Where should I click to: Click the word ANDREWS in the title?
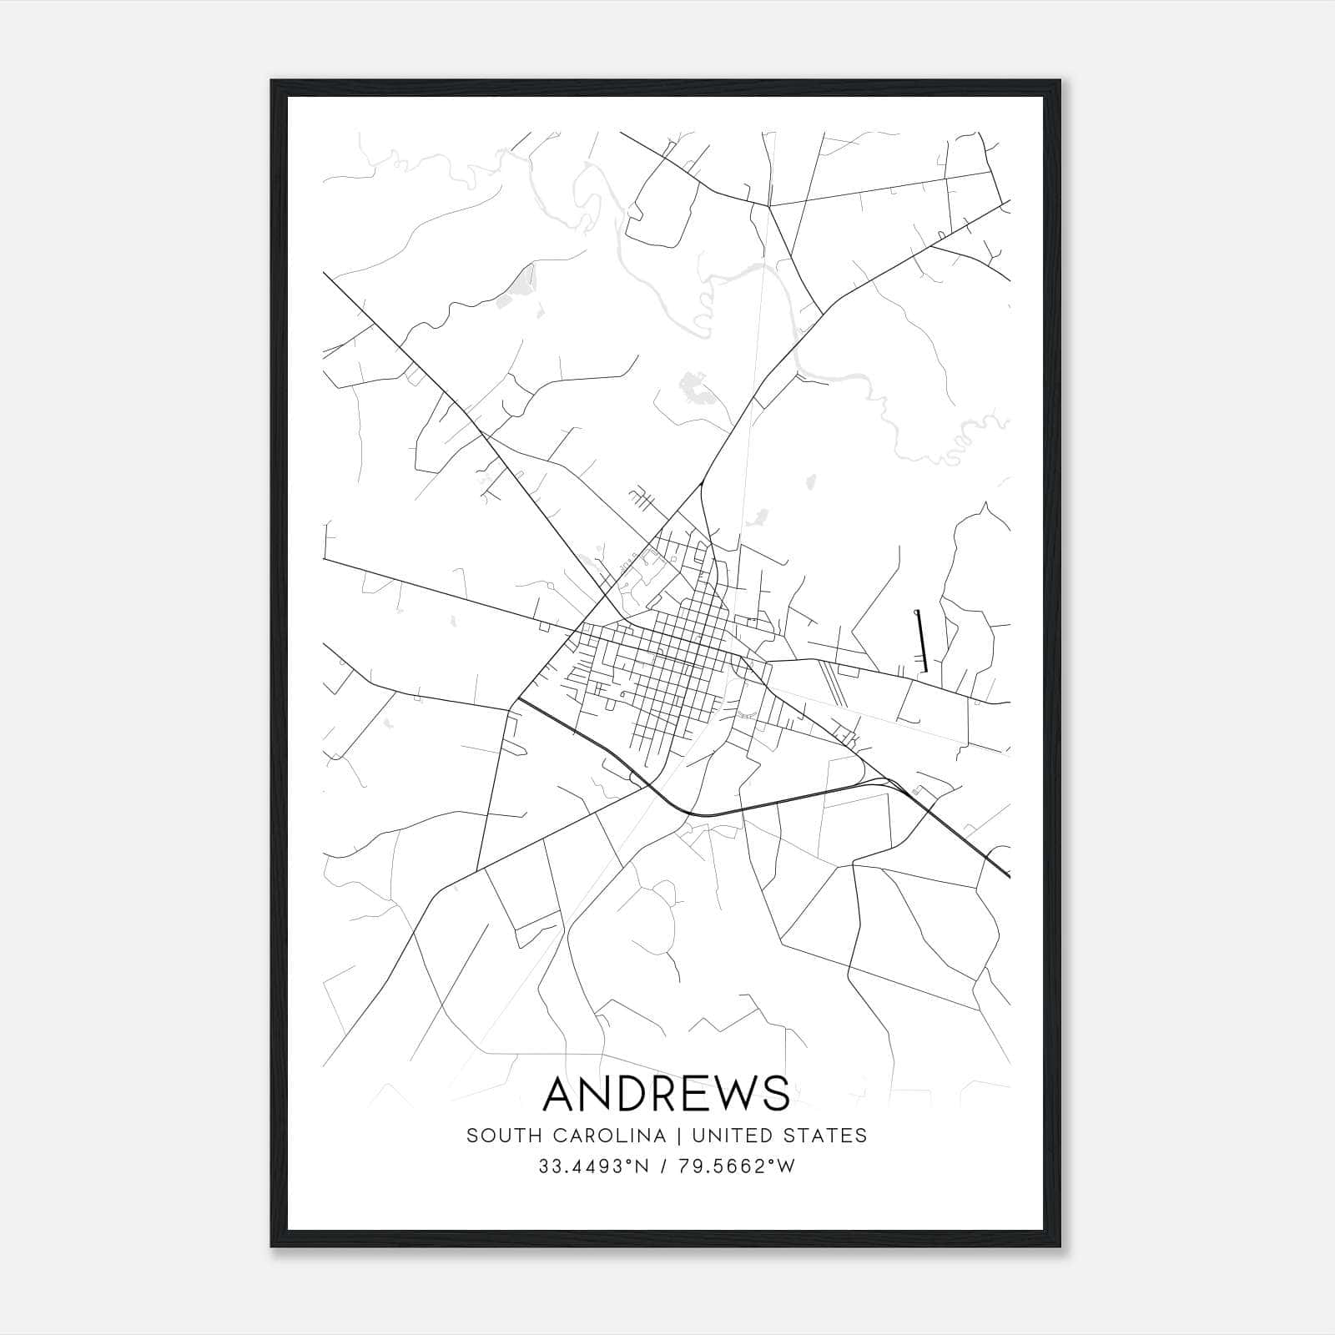(666, 1094)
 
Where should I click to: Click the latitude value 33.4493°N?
(593, 1166)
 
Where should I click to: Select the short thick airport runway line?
(920, 641)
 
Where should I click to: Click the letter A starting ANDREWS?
(560, 1094)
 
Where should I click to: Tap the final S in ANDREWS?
(776, 1094)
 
